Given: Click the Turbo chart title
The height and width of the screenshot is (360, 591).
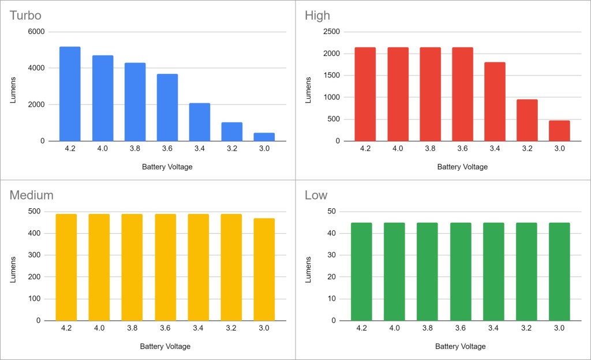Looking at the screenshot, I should click(x=25, y=15).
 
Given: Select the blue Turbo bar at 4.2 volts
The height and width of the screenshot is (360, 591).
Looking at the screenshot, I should click(x=70, y=93).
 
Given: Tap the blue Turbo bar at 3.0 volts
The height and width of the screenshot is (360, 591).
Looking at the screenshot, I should click(x=264, y=137).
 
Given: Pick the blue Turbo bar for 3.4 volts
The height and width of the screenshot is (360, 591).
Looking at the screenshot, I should click(x=200, y=122).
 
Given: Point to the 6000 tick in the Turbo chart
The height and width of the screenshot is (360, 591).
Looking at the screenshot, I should click(x=36, y=32).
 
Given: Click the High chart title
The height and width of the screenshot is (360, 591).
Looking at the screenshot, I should click(x=317, y=15).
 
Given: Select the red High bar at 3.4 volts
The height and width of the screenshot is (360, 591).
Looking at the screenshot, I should click(x=495, y=102).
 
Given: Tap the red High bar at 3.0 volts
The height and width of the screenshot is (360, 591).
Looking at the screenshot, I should click(x=559, y=130).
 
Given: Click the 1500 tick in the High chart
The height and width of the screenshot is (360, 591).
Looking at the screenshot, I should click(x=331, y=76).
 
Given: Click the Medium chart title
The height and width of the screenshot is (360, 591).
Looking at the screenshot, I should click(x=31, y=195).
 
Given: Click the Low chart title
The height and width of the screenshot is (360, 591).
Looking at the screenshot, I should click(x=316, y=195).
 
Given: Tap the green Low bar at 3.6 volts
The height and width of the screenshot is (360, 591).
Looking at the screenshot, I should click(x=461, y=271).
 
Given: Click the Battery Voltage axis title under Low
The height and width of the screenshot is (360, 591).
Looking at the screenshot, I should click(x=460, y=347).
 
